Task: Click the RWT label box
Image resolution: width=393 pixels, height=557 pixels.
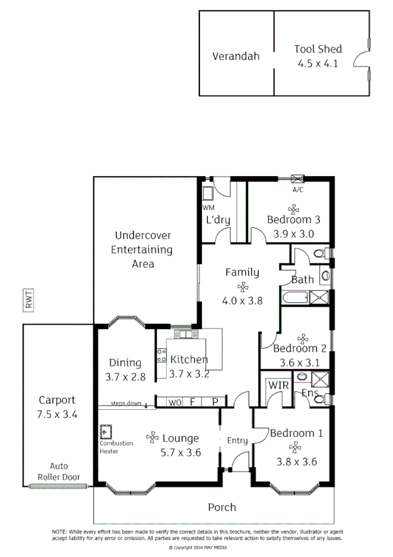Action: tap(30, 301)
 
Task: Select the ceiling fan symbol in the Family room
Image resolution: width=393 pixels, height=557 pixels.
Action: tap(243, 287)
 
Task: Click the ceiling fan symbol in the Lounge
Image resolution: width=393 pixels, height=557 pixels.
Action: tap(152, 437)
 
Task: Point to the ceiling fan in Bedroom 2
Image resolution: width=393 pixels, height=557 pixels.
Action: tap(302, 338)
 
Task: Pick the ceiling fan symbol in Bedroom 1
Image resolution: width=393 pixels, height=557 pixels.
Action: tap(295, 447)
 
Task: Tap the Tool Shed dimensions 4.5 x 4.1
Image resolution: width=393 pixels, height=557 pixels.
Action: tap(318, 64)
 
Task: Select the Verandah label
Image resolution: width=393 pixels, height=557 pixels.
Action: tap(236, 56)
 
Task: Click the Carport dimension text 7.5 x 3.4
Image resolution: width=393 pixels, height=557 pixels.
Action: tap(58, 414)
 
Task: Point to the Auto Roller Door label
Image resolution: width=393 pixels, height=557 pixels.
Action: tap(58, 470)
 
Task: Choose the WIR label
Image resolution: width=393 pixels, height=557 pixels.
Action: tap(276, 386)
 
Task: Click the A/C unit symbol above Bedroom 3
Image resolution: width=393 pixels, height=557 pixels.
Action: tap(297, 179)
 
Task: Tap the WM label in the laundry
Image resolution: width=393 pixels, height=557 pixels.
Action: tap(208, 208)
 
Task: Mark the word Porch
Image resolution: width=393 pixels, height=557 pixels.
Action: tap(222, 507)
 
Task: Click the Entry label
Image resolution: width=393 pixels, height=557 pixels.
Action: tap(237, 440)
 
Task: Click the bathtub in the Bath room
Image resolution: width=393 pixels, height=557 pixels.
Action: tap(295, 299)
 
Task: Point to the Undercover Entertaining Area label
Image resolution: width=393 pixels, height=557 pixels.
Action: tap(142, 249)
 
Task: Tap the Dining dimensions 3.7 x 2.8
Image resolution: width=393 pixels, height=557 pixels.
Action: tap(125, 377)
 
